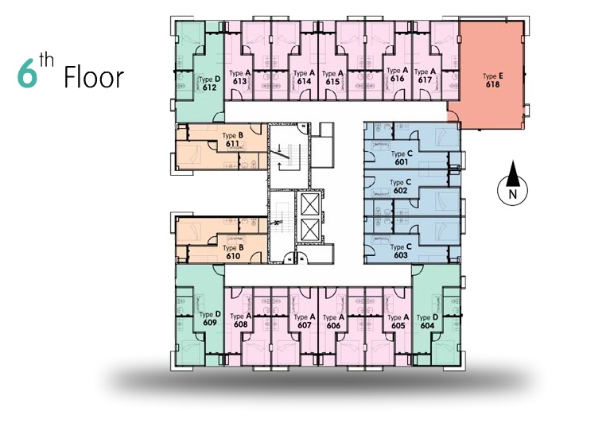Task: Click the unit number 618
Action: pos(493,84)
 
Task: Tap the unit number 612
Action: pos(209,87)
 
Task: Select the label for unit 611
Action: pos(233,144)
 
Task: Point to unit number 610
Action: pos(233,256)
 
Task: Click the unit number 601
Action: pos(402,162)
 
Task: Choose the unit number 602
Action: pos(400,191)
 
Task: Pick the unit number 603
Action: pos(401,255)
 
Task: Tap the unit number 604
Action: pos(427,326)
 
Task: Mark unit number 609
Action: pos(210,322)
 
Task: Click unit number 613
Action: pos(239,81)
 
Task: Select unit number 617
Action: pos(425,80)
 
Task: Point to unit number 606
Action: pos(333,326)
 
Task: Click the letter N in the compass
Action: pos(513,194)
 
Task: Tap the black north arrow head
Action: pos(512,173)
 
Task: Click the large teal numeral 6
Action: pos(28,73)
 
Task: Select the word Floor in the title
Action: pos(94,77)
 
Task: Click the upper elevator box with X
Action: pos(310,204)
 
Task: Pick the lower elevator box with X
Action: pos(310,230)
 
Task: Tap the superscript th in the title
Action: pos(46,60)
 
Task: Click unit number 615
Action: pos(332,82)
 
